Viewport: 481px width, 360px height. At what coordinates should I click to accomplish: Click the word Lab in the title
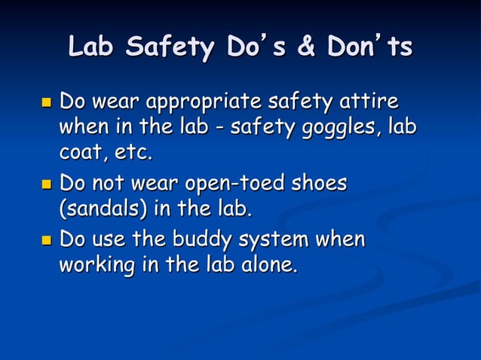(x=93, y=47)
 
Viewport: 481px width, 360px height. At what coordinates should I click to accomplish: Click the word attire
(x=372, y=101)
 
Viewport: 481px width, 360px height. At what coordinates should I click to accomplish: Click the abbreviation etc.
(x=132, y=155)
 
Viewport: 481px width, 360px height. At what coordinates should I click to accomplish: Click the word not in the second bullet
(x=107, y=185)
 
